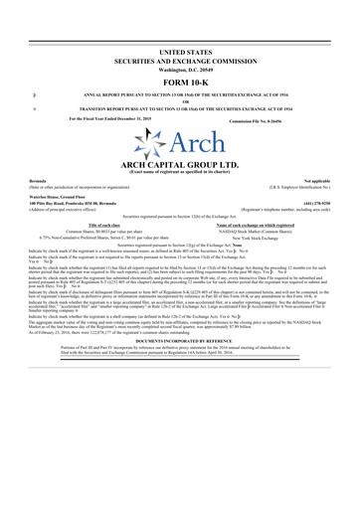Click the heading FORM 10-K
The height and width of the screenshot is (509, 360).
179,82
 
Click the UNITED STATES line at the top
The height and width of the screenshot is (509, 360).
179,49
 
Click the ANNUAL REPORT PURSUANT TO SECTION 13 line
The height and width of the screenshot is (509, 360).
179,96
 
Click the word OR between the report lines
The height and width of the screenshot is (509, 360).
179,103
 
